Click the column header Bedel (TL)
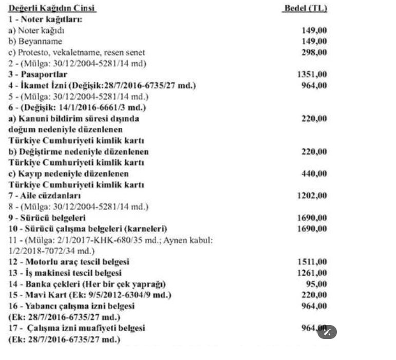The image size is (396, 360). (305, 8)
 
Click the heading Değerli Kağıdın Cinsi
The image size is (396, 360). (52, 8)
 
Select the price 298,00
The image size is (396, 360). (314, 52)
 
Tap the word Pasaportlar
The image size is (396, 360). (45, 75)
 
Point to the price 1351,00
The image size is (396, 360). (312, 75)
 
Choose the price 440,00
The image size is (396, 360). (314, 174)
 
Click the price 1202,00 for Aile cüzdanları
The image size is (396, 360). (312, 196)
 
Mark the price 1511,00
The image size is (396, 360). (312, 262)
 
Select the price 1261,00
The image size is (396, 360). (312, 273)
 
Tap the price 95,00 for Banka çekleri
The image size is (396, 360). (316, 284)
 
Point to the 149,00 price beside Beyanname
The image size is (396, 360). (314, 42)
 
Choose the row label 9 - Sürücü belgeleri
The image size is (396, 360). (47, 218)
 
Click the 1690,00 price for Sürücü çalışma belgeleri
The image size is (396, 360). (312, 229)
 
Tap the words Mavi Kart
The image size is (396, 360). (42, 295)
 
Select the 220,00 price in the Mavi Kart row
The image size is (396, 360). (314, 295)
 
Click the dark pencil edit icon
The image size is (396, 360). (327, 332)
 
